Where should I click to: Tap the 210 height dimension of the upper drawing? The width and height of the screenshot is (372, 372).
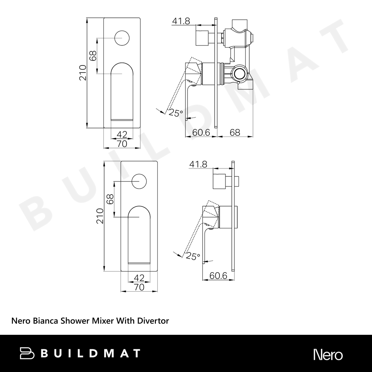point(83,73)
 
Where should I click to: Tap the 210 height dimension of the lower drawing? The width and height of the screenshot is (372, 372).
point(100,216)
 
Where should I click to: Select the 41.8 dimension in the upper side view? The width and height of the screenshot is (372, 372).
point(181,21)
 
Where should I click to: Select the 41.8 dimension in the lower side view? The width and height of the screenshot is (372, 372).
point(198,164)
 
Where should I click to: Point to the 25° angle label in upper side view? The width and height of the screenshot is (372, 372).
point(176,113)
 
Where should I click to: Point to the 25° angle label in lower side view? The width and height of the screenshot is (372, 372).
point(193,256)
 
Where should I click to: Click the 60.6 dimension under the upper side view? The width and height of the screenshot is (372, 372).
point(201,132)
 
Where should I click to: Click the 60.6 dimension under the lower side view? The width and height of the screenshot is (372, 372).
point(218,276)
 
